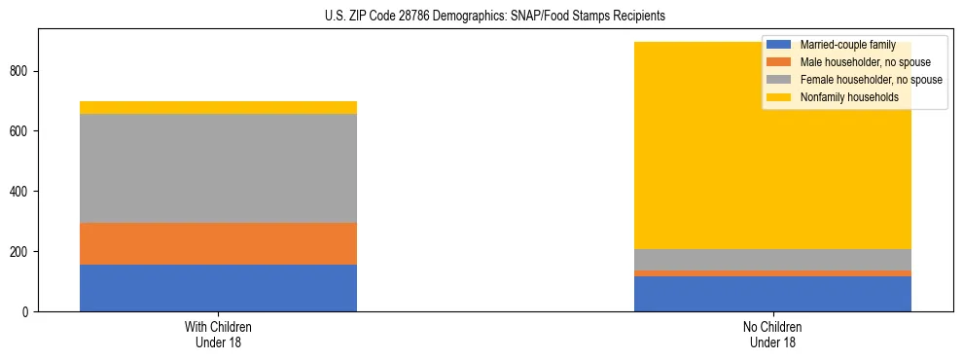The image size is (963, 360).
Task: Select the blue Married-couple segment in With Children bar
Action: (218, 288)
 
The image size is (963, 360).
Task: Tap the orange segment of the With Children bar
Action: (218, 243)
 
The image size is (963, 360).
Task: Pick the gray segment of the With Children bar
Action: (218, 168)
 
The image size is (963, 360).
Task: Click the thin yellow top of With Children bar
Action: (218, 107)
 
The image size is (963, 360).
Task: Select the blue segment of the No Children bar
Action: (772, 294)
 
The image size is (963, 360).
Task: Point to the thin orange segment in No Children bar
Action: (772, 273)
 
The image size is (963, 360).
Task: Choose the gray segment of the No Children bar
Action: (772, 260)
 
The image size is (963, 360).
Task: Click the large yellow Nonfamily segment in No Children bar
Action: (681, 146)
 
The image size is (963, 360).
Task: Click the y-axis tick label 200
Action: (24, 252)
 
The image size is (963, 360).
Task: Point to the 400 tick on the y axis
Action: (24, 192)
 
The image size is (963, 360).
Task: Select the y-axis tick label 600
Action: (24, 131)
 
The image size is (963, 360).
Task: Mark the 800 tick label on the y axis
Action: (24, 71)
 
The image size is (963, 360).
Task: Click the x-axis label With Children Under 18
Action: (218, 334)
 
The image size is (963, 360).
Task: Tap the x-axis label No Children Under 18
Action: (772, 334)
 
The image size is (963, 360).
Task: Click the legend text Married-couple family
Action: (847, 45)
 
